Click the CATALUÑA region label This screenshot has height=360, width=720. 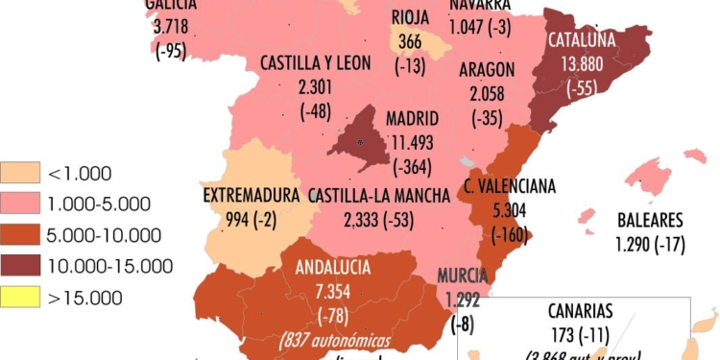click(x=582, y=41)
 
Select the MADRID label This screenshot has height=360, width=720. click(x=412, y=119)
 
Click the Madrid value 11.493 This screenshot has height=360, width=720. click(x=412, y=140)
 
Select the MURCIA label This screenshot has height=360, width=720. click(x=464, y=276)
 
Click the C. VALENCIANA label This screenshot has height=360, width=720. click(x=510, y=186)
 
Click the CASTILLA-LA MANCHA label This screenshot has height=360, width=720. click(x=379, y=196)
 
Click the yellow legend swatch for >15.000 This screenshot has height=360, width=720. click(x=20, y=298)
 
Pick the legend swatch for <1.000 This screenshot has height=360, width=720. click(x=20, y=174)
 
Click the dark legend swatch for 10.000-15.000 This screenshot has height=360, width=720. click(x=20, y=266)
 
